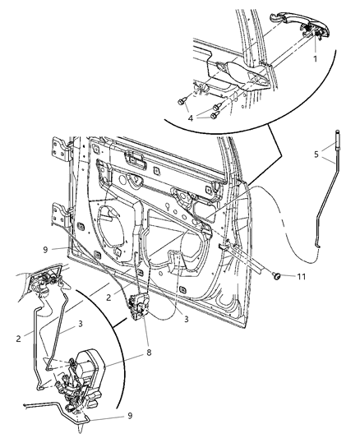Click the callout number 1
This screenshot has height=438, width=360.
point(315,59)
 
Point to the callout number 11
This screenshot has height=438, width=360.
point(302,278)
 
